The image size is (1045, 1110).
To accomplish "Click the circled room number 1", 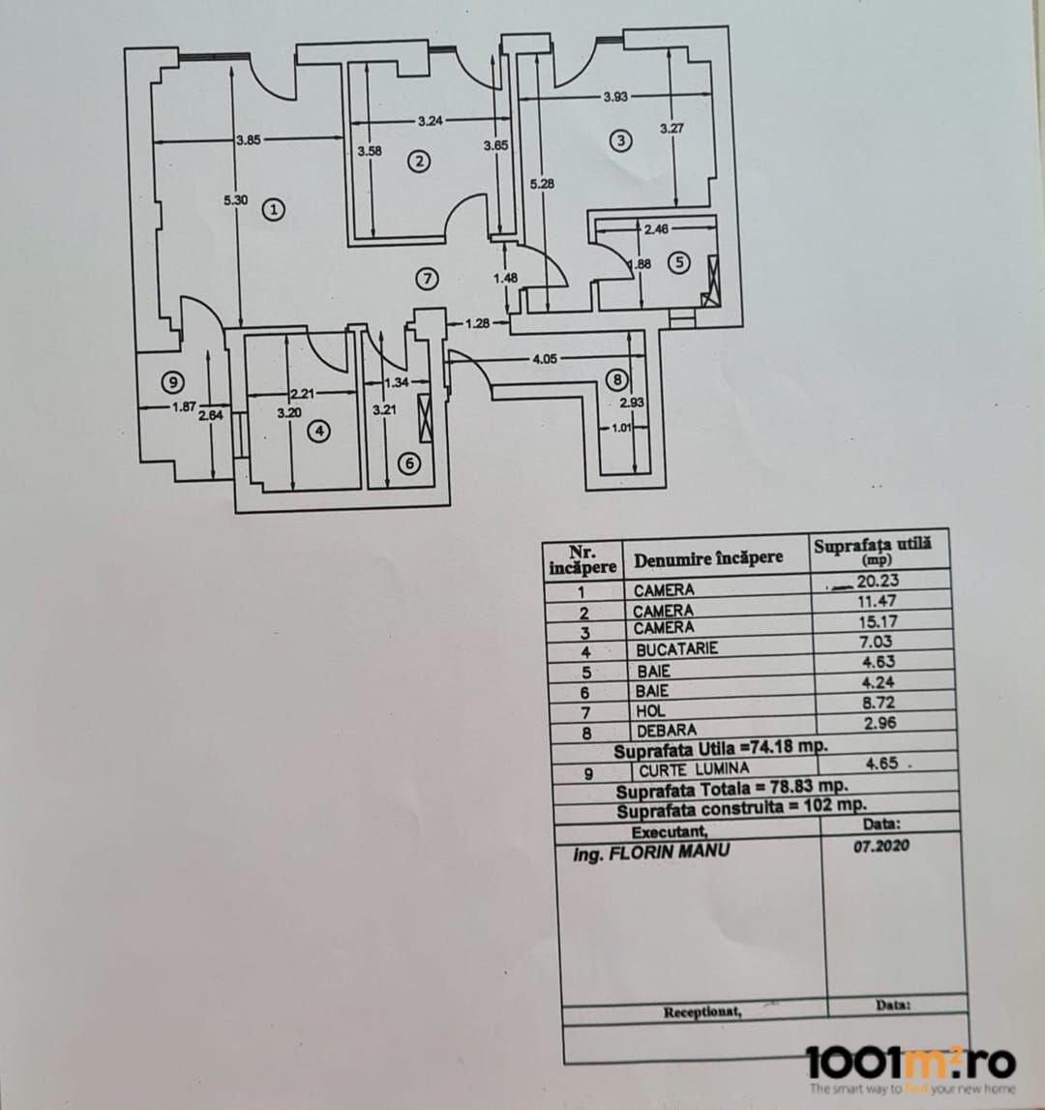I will [275, 209].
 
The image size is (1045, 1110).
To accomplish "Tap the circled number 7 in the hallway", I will [427, 279].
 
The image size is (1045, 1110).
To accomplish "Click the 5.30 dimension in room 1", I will [235, 200].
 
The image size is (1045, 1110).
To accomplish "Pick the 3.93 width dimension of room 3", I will [616, 97].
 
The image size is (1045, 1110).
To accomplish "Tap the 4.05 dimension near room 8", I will [547, 360].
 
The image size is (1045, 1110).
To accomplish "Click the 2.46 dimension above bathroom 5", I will [657, 230].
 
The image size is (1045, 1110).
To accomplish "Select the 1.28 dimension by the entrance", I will [477, 323].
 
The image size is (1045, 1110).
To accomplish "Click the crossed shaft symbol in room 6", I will [426, 418].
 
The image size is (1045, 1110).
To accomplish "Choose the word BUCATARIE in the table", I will [676, 649].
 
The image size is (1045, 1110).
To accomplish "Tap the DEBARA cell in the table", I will [666, 731].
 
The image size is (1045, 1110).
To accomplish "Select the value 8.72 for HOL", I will [879, 705].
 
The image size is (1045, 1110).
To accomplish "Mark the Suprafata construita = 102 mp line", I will [741, 807].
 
